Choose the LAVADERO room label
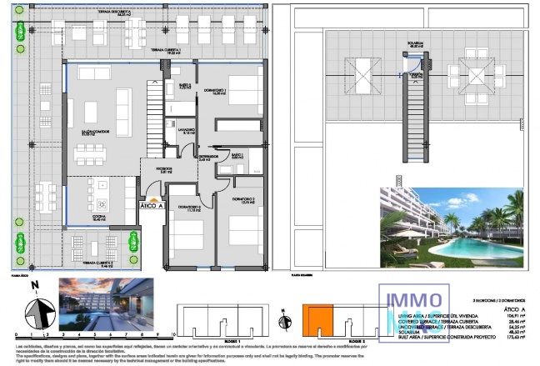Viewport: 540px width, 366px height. (x=186, y=130)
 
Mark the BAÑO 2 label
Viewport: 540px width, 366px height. (x=185, y=86)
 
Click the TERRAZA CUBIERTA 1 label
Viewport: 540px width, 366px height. (x=167, y=51)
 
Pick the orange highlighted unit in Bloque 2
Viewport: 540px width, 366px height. (x=317, y=319)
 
